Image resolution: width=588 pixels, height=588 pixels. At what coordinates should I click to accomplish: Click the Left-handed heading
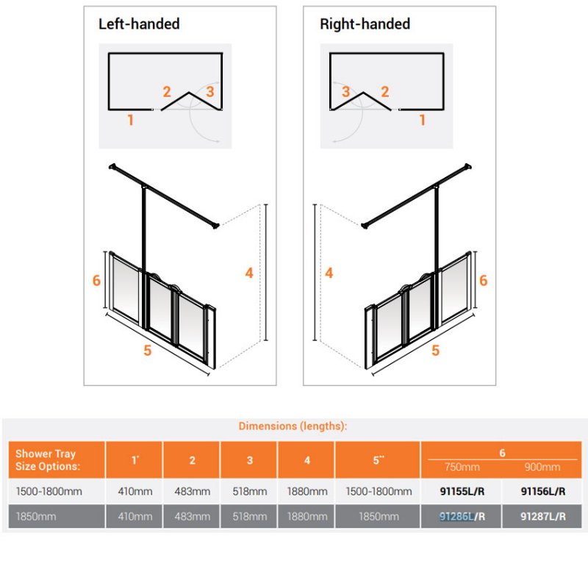tap(139, 24)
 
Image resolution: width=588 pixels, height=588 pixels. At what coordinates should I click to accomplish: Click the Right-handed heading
tap(365, 24)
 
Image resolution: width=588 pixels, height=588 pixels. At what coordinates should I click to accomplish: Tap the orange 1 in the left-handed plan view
tap(131, 120)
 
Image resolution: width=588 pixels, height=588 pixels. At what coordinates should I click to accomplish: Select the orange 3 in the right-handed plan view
tap(345, 91)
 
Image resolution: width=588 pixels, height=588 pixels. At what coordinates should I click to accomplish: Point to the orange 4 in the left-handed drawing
tap(249, 273)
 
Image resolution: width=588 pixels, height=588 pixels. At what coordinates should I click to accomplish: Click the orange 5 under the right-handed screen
tap(435, 351)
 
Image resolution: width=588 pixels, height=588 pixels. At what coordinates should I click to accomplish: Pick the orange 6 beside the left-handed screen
tap(96, 281)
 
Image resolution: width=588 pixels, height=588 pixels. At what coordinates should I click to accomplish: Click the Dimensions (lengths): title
tap(293, 426)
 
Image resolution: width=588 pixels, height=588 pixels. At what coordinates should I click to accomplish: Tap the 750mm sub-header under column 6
tap(462, 467)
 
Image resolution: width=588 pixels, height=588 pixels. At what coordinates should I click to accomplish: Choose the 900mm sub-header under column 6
tap(542, 467)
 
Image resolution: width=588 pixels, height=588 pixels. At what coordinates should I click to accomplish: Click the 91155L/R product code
tap(462, 491)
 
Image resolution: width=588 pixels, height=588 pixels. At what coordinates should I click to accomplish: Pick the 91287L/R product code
tap(542, 517)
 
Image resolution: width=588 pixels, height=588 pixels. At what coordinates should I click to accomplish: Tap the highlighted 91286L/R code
tap(462, 517)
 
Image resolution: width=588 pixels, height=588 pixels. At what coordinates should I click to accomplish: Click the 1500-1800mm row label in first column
tap(49, 491)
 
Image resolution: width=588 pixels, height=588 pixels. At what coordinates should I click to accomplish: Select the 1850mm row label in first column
tap(35, 517)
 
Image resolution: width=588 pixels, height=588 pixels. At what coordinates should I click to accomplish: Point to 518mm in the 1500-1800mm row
tap(250, 491)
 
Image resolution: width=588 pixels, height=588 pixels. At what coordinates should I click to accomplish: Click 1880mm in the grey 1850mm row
tap(307, 517)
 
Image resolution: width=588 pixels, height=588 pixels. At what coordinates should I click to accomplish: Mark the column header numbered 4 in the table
tap(307, 460)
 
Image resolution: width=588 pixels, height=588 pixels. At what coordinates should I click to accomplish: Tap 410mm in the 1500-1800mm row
tap(135, 491)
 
